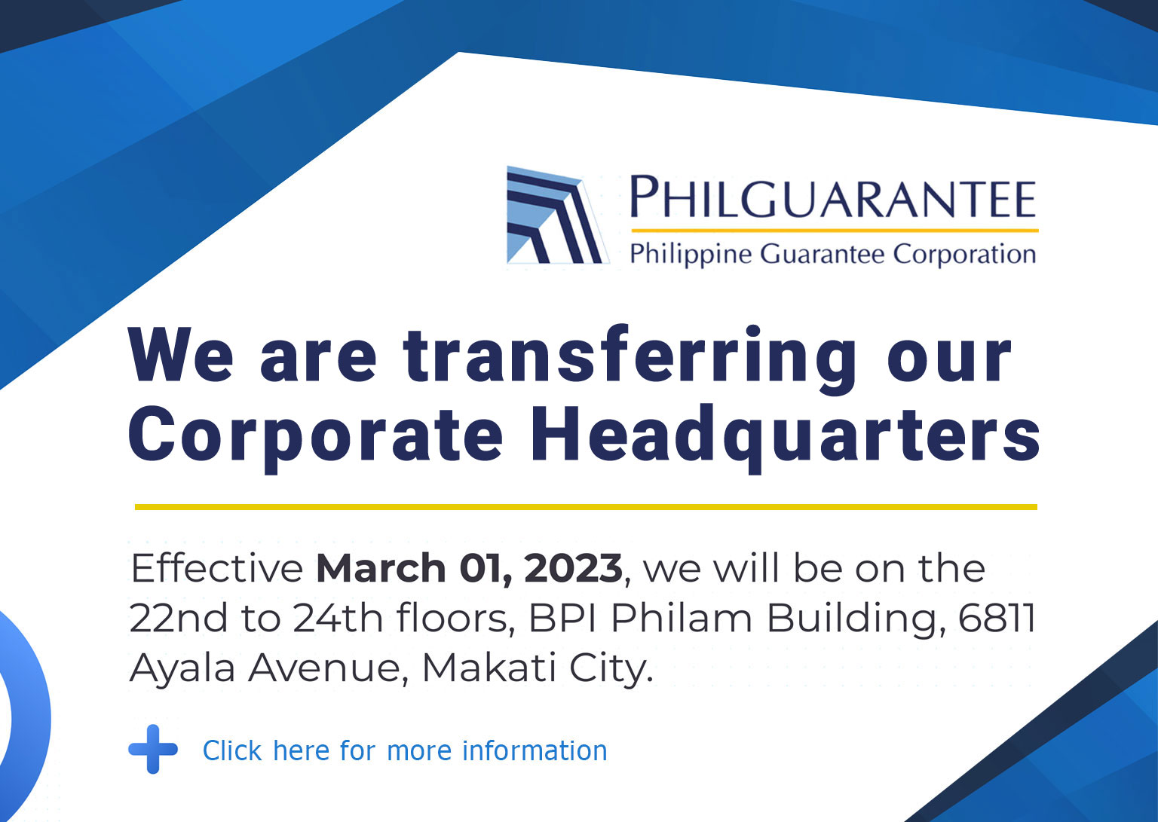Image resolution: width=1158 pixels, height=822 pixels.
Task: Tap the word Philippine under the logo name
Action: [x=691, y=255]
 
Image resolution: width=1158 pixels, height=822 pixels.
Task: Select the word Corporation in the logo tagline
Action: [x=964, y=254]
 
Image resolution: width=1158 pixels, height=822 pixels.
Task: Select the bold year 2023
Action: [x=573, y=568]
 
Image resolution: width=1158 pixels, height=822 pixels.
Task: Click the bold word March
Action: [x=381, y=568]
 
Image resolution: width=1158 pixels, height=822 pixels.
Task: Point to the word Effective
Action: [x=217, y=568]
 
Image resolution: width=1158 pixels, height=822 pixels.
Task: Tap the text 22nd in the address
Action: [x=179, y=618]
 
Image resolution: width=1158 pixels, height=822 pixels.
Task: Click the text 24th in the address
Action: [x=338, y=618]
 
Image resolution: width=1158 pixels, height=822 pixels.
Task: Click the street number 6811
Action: [x=997, y=618]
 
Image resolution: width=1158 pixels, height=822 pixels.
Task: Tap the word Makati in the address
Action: [x=489, y=668]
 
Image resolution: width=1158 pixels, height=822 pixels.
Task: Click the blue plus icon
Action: [x=153, y=749]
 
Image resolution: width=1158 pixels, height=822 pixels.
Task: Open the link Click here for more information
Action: [x=405, y=750]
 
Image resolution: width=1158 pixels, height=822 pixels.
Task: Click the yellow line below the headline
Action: [x=586, y=507]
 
